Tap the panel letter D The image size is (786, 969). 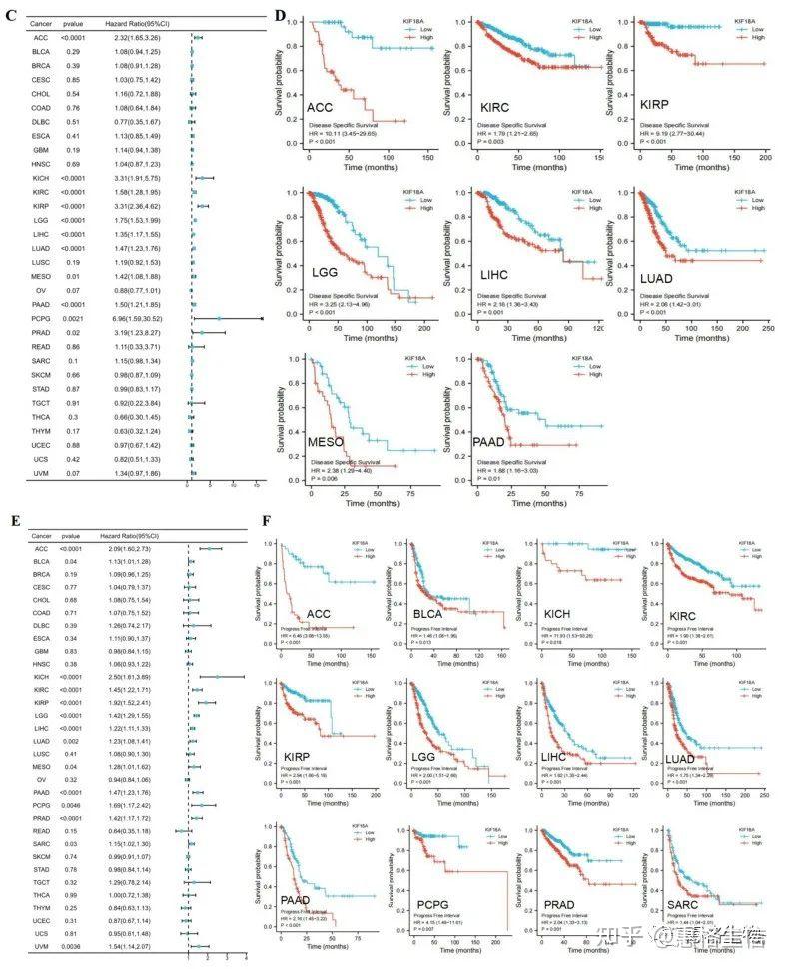(281, 17)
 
